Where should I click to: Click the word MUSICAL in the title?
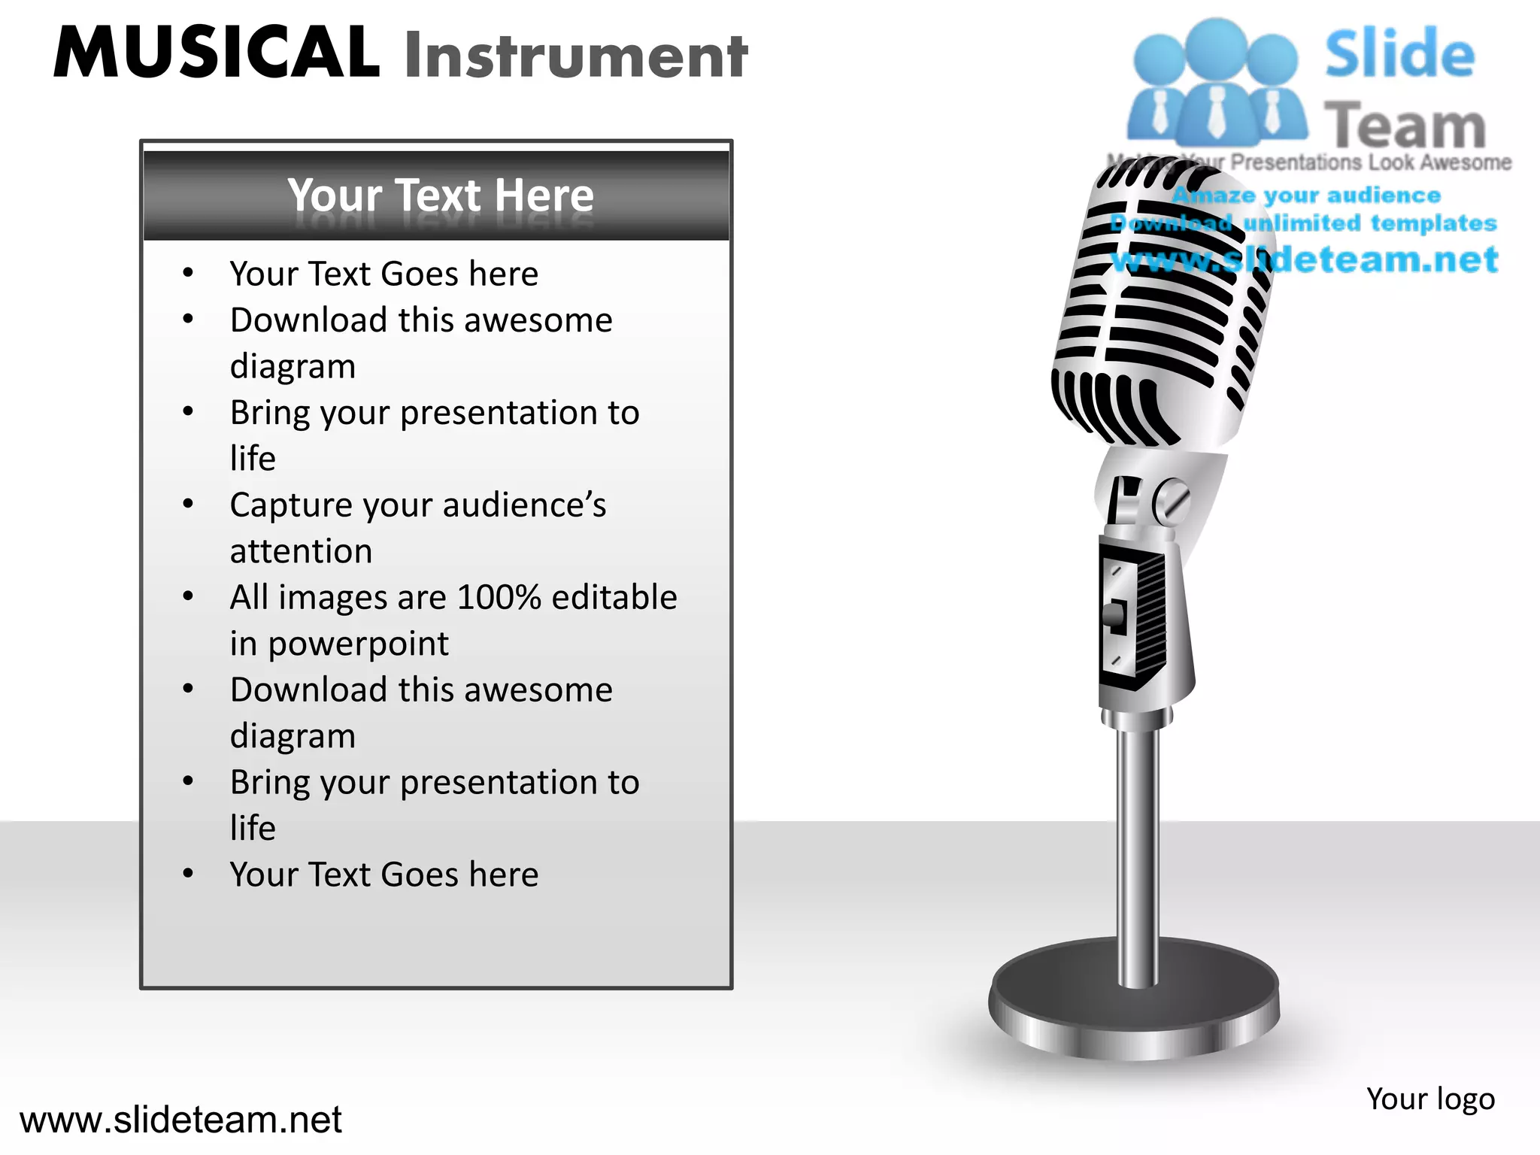pos(217,53)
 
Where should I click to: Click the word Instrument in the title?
pos(576,56)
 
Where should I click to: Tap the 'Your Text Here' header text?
pos(441,196)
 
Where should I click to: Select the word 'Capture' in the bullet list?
pos(290,505)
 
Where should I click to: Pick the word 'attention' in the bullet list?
pos(301,552)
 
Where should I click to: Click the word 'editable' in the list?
pos(614,598)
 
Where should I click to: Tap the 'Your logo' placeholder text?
pos(1430,1099)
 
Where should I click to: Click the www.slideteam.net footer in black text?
pos(180,1120)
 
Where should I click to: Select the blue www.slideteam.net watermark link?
pos(1305,259)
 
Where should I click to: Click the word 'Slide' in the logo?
pos(1399,54)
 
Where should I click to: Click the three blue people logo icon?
pos(1216,83)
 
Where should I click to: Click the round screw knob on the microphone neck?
pos(1172,502)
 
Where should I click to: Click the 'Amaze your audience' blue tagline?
pos(1306,196)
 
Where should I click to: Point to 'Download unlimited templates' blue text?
pos(1303,223)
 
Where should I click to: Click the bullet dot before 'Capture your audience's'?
pos(188,504)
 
